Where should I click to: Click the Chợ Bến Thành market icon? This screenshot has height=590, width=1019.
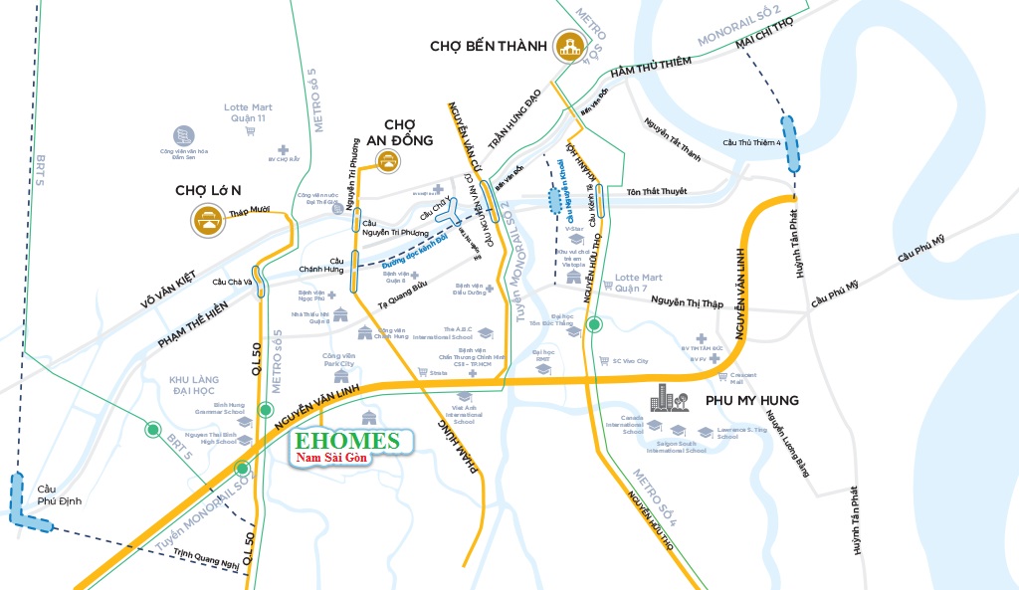click(571, 45)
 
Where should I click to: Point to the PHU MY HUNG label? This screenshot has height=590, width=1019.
click(751, 401)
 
